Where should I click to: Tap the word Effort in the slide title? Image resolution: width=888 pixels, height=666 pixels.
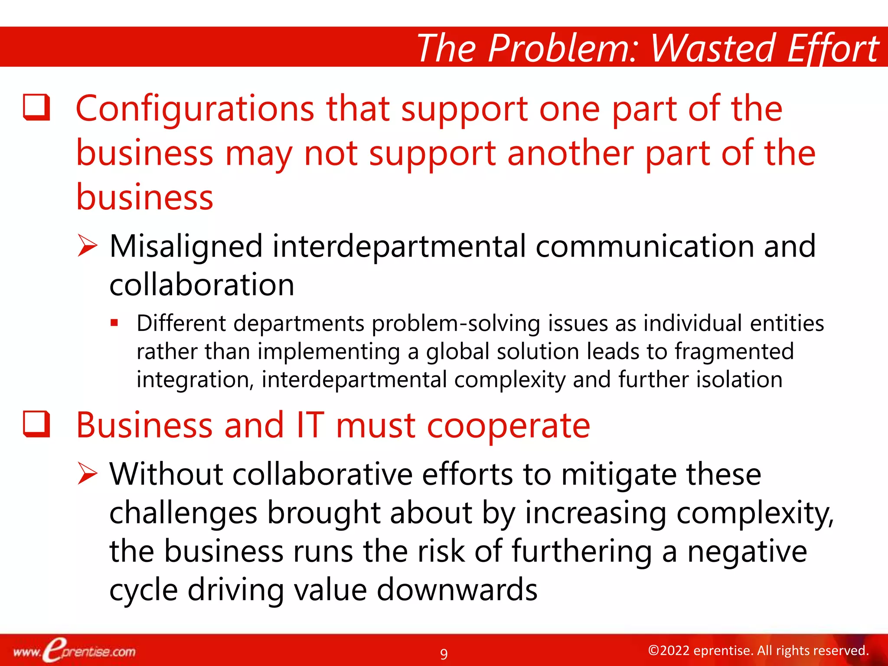pyautogui.click(x=832, y=49)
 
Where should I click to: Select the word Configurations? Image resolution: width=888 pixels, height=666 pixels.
pyautogui.click(x=195, y=109)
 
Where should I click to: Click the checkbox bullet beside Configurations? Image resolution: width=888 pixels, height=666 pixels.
pyautogui.click(x=36, y=107)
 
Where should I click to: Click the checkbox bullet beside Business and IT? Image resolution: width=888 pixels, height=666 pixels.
pyautogui.click(x=36, y=424)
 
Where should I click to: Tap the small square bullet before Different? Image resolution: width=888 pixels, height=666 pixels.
pyautogui.click(x=114, y=323)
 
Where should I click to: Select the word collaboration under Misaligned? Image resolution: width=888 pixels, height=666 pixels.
pyautogui.click(x=202, y=285)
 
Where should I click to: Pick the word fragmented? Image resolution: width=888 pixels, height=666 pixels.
pyautogui.click(x=734, y=351)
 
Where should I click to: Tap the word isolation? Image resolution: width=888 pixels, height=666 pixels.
pyautogui.click(x=739, y=379)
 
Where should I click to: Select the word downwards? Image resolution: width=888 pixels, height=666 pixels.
pyautogui.click(x=457, y=590)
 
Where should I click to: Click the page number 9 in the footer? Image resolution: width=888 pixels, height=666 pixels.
pyautogui.click(x=444, y=653)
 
